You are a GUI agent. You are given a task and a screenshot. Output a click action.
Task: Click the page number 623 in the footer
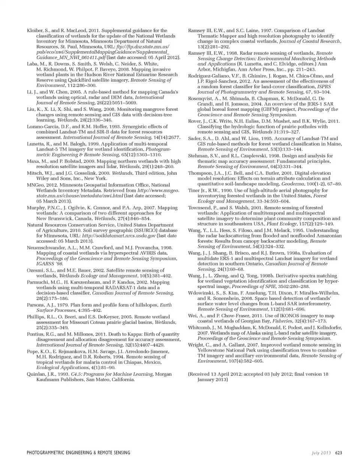pyautogui.click(x=339, y=453)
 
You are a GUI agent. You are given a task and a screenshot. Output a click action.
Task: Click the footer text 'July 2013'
pyautogui.click(x=321, y=453)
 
